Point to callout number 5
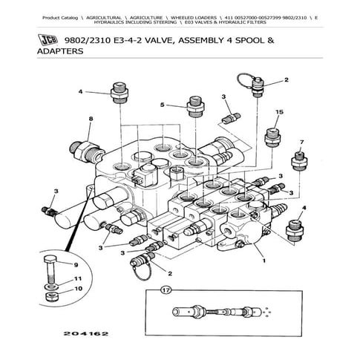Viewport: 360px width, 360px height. [160, 105]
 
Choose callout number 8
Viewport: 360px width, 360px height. [90, 118]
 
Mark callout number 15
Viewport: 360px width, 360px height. [279, 112]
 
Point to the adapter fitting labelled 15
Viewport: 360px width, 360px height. [275, 136]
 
